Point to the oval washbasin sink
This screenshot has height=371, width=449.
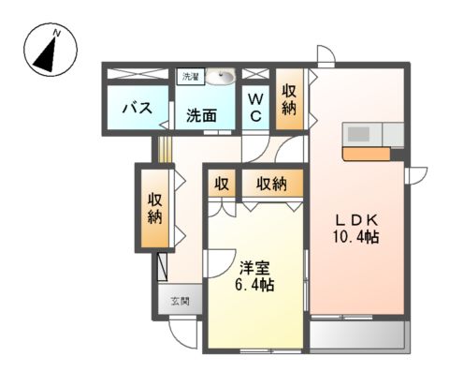223,76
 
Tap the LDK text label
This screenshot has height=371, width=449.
357,219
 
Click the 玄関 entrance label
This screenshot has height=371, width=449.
180,302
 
